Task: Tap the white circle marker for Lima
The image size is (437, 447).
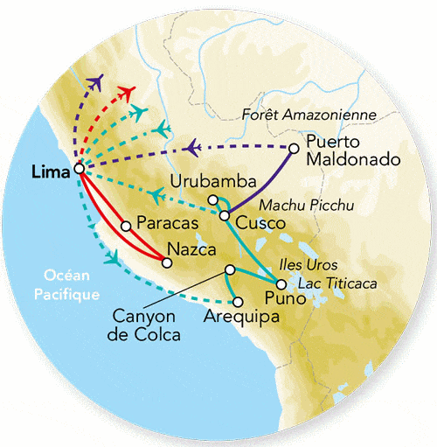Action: coord(79,169)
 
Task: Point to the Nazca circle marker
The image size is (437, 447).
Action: coord(167,261)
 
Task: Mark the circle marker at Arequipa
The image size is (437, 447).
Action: coord(237,301)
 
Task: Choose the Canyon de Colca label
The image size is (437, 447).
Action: coord(144,324)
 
